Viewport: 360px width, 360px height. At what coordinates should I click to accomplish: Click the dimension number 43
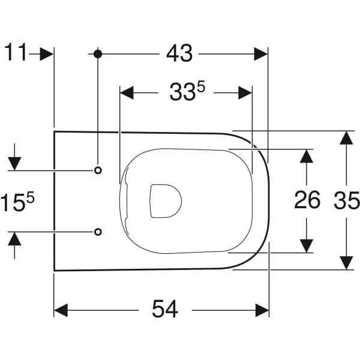click(179, 53)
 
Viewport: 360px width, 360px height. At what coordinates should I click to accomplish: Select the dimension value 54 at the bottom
click(164, 309)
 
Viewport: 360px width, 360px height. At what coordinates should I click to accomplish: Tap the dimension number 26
click(307, 200)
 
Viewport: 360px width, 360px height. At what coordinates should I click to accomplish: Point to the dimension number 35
click(346, 200)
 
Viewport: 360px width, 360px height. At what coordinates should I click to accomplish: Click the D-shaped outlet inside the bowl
click(164, 200)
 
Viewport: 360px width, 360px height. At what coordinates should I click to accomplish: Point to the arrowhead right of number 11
click(47, 53)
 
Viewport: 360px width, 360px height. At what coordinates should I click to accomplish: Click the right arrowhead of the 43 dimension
click(260, 53)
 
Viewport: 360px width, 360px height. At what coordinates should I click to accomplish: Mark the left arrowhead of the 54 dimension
click(61, 310)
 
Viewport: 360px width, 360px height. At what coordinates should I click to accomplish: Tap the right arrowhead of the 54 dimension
click(262, 310)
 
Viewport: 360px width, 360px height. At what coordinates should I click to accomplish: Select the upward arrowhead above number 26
click(307, 156)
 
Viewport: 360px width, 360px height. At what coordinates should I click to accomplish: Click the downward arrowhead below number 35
click(346, 262)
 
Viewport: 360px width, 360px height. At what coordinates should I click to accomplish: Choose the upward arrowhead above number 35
click(346, 137)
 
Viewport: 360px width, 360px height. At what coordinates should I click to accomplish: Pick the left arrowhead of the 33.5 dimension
click(127, 93)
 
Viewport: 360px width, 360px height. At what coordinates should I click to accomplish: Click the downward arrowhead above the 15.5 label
click(15, 163)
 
